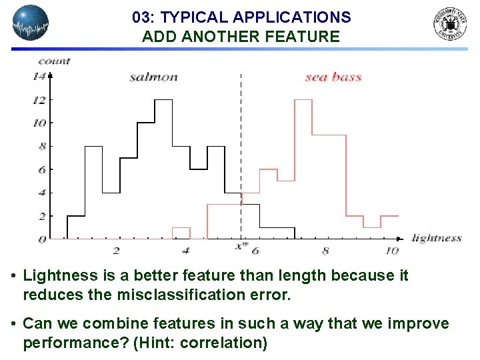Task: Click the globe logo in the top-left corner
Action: point(31,24)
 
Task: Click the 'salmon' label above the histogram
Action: point(153,77)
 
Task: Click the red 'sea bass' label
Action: point(333,77)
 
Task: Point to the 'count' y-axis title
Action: point(54,61)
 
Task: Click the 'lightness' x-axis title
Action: point(437,238)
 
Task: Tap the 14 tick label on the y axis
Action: point(39,77)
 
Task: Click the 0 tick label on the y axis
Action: point(42,239)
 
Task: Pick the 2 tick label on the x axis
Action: point(116,251)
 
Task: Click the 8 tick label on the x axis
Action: point(325,251)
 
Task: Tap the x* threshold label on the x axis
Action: point(241,247)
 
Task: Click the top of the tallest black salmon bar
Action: point(163,100)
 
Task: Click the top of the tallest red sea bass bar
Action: point(303,100)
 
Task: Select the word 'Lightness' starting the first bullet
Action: point(54,275)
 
